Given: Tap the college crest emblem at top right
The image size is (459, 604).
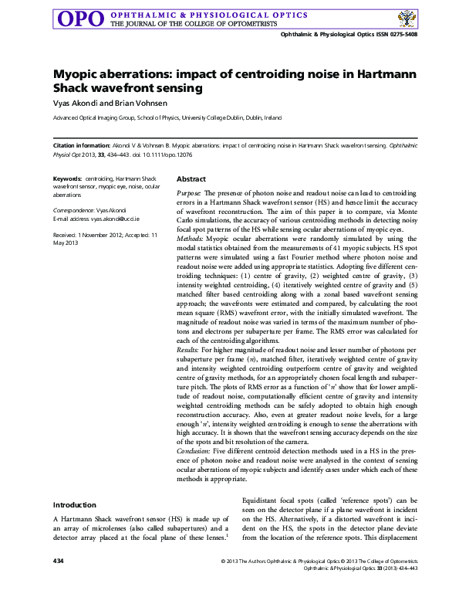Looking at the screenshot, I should pyautogui.click(x=403, y=19).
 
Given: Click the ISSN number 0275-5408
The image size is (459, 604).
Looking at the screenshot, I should pyautogui.click(x=401, y=36).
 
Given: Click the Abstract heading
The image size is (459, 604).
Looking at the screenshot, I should pyautogui.click(x=191, y=178).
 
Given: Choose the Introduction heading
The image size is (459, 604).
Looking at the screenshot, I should pyautogui.click(x=75, y=505).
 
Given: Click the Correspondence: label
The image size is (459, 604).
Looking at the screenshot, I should pyautogui.click(x=79, y=210).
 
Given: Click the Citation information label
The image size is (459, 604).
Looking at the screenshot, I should pyautogui.click(x=80, y=145).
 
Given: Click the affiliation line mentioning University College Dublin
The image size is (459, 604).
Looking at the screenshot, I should pyautogui.click(x=167, y=118).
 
